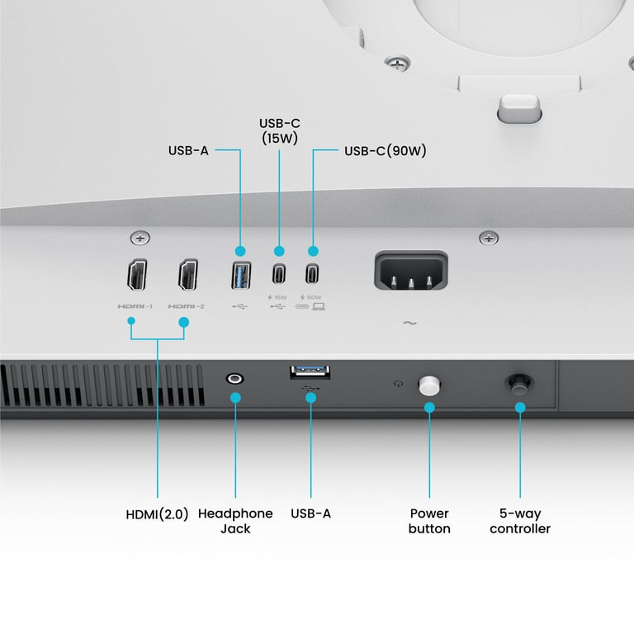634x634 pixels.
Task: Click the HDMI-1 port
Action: (137, 276)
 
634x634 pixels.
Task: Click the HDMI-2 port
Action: (187, 276)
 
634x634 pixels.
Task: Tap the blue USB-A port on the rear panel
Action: (240, 273)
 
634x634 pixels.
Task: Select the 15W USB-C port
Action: (279, 273)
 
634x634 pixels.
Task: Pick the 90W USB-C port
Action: (312, 273)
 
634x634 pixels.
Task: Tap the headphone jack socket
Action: (235, 379)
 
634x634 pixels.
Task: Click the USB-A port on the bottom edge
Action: (311, 373)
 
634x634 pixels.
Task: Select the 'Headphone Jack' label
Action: (235, 520)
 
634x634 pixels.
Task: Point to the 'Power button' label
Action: (429, 520)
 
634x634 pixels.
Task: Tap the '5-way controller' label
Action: (520, 520)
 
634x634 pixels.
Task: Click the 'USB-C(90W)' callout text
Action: (385, 151)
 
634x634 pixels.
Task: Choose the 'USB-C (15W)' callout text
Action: (278, 131)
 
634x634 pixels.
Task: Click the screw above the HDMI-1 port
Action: (140, 239)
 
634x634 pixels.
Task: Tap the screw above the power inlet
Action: (490, 239)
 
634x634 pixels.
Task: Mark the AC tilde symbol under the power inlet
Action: (410, 324)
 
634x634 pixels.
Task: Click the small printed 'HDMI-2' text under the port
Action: (187, 307)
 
